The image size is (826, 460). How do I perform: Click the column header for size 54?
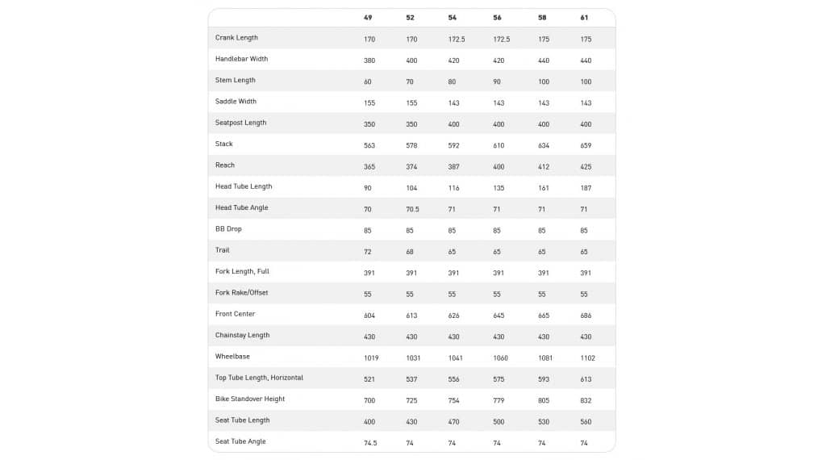[x=452, y=18]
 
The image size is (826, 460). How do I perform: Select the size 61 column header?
[x=584, y=18]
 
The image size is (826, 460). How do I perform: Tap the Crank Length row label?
[x=236, y=38]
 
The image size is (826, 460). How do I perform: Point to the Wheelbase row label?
[x=232, y=356]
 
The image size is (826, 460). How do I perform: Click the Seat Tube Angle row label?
[x=240, y=441]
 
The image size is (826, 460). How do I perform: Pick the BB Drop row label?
[x=228, y=229]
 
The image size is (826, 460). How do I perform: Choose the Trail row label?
[x=223, y=250]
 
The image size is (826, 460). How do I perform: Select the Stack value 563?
[x=370, y=145]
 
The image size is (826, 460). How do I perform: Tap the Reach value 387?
[x=454, y=167]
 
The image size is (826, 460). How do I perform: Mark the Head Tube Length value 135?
[x=499, y=188]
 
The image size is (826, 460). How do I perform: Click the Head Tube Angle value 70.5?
[x=412, y=209]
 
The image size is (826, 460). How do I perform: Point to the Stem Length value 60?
[x=369, y=82]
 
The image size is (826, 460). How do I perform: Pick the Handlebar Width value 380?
[x=370, y=61]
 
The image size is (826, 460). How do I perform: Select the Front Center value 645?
[x=499, y=316]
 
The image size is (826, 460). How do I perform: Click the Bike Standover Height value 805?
[x=544, y=400]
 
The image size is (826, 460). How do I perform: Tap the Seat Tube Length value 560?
[x=586, y=421]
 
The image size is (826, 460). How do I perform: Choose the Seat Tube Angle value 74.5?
[x=372, y=443]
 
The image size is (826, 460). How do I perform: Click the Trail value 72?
[x=369, y=252]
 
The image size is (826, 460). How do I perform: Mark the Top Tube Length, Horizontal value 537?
[x=412, y=379]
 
